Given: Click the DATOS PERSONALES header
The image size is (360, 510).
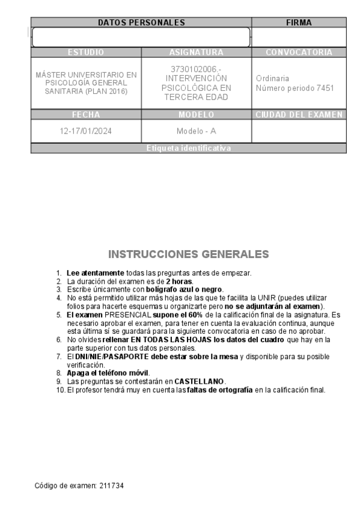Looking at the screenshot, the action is coord(141,23).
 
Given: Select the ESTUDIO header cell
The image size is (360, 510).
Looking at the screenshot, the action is coord(86,52).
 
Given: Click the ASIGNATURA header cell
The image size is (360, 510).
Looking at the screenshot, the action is coord(196,52).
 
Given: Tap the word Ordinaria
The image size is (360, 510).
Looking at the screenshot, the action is coord(272,79).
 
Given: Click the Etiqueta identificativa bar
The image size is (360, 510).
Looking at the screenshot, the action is coord(188,148).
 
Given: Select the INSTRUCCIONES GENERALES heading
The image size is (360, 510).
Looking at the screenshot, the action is coord(188,253).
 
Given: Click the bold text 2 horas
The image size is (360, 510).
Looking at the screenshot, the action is coord(180,281).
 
